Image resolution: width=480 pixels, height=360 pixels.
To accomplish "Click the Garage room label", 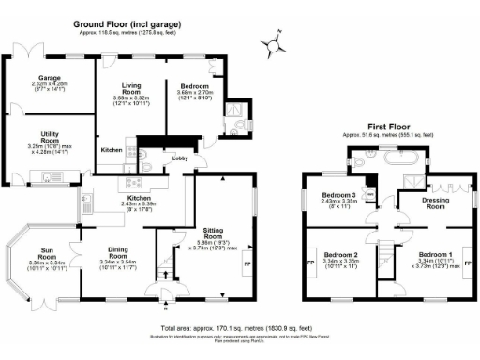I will pos(50,79).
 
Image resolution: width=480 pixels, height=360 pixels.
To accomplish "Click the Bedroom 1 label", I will pos(435,254).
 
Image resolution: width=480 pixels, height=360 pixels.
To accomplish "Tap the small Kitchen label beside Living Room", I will pos(112,149).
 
